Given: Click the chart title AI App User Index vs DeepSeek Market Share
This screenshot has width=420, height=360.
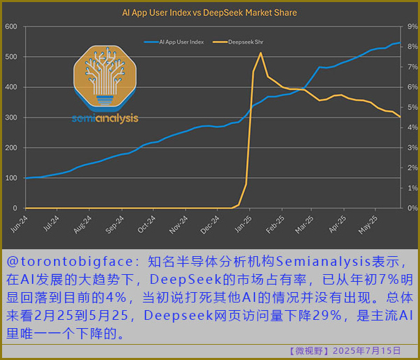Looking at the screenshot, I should coord(209,12).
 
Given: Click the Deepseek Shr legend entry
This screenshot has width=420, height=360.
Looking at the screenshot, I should coord(245,42).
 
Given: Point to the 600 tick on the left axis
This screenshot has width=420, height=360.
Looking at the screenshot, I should coord(11,26).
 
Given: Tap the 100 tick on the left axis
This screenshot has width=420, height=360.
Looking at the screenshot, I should coord(11,178).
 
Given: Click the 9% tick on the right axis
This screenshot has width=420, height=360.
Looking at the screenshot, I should coord(412,26).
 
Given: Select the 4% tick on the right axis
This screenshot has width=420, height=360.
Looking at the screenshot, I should coord(412,127).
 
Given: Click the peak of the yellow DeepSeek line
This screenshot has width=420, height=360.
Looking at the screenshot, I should coord(261,53).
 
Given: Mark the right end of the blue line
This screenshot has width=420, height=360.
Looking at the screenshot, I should coord(400,44).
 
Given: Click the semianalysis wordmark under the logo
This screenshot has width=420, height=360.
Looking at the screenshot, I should coord(105,118).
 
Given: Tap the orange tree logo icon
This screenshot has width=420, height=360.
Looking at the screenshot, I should coord(105,78).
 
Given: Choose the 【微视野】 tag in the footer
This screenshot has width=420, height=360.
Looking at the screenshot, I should coord(312,351).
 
